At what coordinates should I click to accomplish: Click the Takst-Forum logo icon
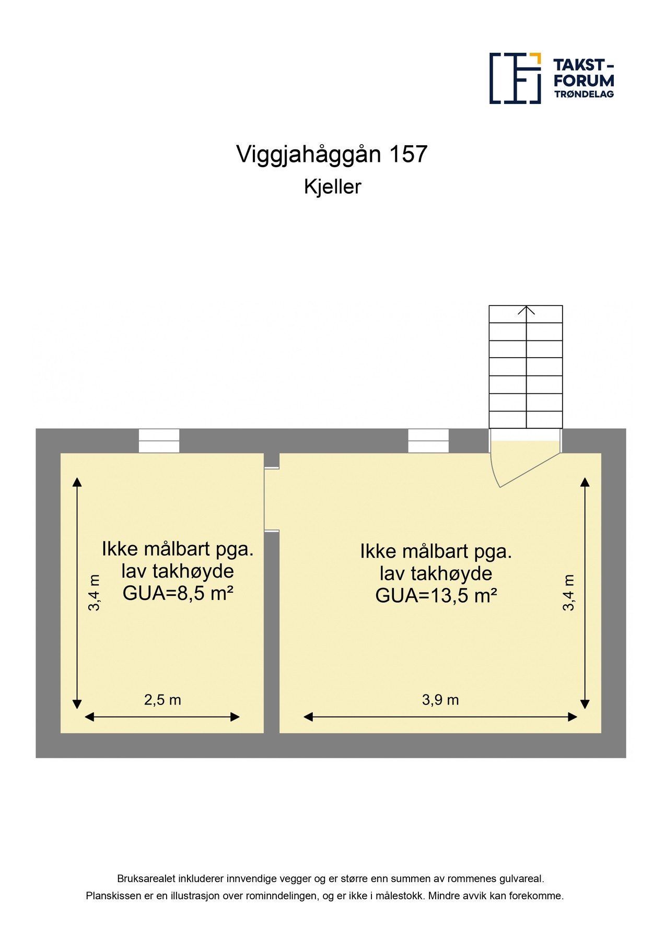coord(515,78)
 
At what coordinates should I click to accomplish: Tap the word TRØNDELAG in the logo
coord(584,95)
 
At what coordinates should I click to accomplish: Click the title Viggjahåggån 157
coord(332,154)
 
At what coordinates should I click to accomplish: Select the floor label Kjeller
coord(332,187)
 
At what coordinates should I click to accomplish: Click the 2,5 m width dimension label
coord(162,700)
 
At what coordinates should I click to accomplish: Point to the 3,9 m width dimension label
coord(440,700)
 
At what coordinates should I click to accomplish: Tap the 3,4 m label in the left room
coord(95,592)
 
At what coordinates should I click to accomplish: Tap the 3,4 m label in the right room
coord(568,592)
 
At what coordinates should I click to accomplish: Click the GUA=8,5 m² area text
coord(178,594)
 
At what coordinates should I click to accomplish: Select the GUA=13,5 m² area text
coord(436,596)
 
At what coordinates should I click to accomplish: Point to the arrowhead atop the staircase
coord(526,310)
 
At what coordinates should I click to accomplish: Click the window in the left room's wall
coord(159,441)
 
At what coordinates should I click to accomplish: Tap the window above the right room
coord(428,441)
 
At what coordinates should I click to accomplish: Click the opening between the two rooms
coord(272,500)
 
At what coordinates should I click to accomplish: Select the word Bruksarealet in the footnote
coord(146,879)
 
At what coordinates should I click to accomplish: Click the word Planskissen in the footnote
coord(113,896)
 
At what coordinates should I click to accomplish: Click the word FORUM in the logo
coord(584,81)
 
